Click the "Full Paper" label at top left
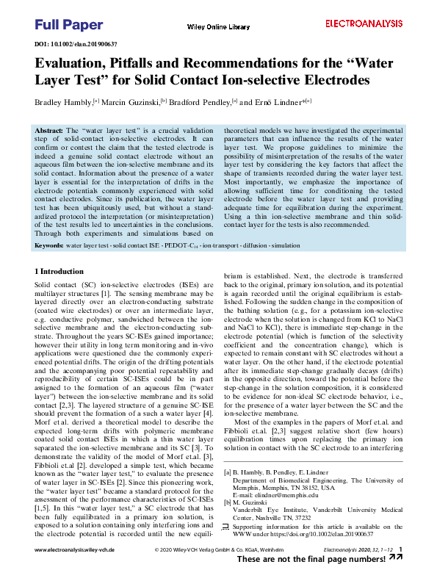coord(68,25)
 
